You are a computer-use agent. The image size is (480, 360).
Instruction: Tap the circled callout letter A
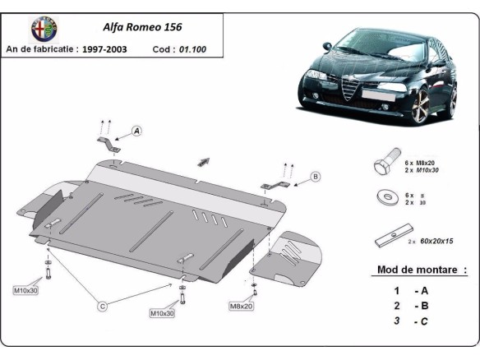[x=136, y=131]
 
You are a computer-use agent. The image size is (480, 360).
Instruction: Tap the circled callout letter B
[x=315, y=176]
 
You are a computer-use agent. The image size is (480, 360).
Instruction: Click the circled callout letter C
[x=103, y=307]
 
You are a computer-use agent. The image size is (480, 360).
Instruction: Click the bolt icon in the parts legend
[x=385, y=164]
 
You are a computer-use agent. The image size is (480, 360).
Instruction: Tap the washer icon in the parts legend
[x=384, y=198]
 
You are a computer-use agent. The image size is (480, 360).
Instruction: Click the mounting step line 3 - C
[x=411, y=321]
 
